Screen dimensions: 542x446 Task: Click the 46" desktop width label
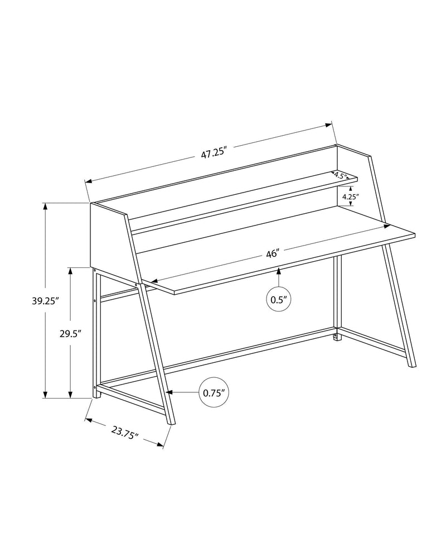coord(272,254)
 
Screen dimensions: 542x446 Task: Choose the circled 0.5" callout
coord(278,300)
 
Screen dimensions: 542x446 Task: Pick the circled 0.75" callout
coord(214,392)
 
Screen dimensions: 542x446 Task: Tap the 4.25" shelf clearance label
coord(350,196)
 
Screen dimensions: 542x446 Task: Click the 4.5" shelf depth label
coord(340,176)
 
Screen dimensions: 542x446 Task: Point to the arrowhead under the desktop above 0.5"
coord(278,271)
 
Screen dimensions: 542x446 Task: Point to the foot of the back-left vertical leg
coord(96,395)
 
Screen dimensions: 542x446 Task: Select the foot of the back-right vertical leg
coord(336,337)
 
